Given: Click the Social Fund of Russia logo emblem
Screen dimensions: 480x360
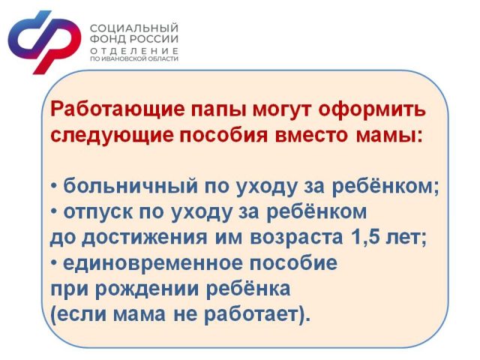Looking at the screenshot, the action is (44, 42).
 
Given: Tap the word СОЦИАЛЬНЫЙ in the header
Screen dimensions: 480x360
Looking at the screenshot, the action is (134, 28).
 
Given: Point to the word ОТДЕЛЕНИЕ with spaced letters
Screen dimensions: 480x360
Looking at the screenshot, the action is (134, 50).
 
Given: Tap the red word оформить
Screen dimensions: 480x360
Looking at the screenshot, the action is (372, 110).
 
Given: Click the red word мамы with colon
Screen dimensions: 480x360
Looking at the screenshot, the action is (389, 136).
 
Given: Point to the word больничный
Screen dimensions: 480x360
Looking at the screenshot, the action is (130, 185).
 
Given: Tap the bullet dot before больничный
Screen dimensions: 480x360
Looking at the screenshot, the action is (54, 186).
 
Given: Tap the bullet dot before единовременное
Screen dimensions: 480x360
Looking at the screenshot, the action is (54, 263).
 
